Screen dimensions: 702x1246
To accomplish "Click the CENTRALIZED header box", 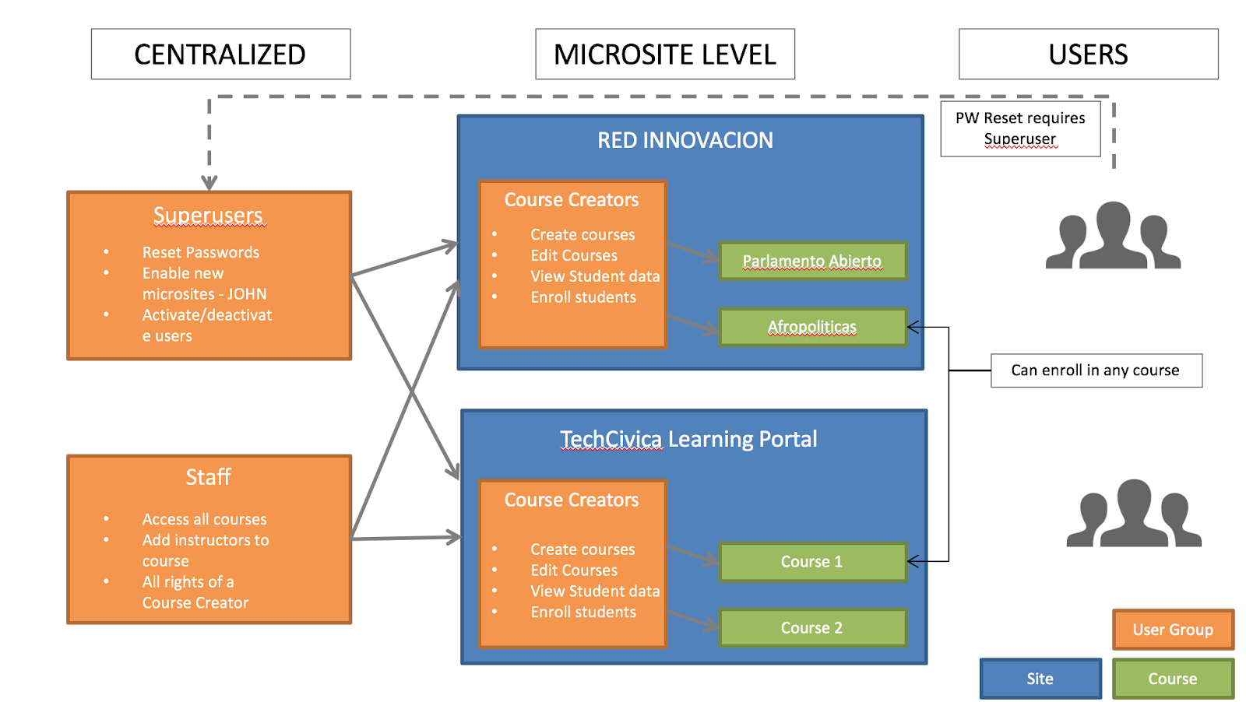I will pyautogui.click(x=220, y=54).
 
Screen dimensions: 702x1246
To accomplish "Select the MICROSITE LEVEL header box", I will pyautogui.click(x=665, y=54).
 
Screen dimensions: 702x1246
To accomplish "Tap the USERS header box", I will pyautogui.click(x=1088, y=54).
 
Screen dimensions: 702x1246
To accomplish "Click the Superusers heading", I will pyautogui.click(x=209, y=215).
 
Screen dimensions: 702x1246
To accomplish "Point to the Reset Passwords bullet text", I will pyautogui.click(x=201, y=252).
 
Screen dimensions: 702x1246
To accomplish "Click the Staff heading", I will pyautogui.click(x=208, y=477).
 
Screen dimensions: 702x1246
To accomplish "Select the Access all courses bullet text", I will pyautogui.click(x=204, y=519).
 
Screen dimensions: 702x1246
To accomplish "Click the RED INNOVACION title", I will pyautogui.click(x=685, y=140).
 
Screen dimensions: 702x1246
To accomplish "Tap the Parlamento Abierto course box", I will pyautogui.click(x=812, y=261).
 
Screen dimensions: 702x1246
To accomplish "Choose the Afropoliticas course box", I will pyautogui.click(x=812, y=327).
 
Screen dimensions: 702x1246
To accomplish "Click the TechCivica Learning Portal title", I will pyautogui.click(x=688, y=439).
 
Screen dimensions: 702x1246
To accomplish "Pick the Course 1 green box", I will pyautogui.click(x=812, y=562).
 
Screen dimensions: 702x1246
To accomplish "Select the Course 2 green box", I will pyautogui.click(x=812, y=628).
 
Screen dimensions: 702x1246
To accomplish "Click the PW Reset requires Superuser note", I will pyautogui.click(x=1020, y=128).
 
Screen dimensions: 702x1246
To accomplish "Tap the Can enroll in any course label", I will pyautogui.click(x=1096, y=370).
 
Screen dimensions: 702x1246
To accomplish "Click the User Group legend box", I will pyautogui.click(x=1173, y=630).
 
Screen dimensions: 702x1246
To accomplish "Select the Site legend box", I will pyautogui.click(x=1040, y=679).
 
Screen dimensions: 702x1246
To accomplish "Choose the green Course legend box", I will pyautogui.click(x=1173, y=679).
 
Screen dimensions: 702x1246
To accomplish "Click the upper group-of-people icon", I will pyautogui.click(x=1113, y=236).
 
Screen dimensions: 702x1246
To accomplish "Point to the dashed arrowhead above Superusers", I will pyautogui.click(x=209, y=183).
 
